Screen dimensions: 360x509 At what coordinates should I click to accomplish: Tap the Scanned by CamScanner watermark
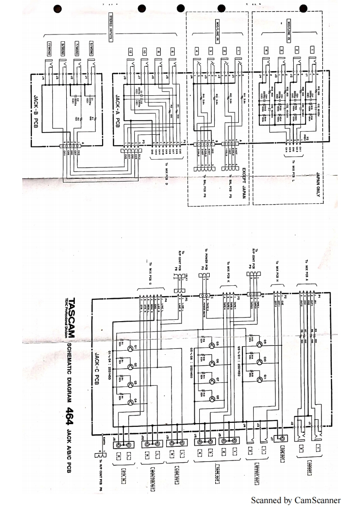click(295, 500)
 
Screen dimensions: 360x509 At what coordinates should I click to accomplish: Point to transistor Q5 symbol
click(212, 345)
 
